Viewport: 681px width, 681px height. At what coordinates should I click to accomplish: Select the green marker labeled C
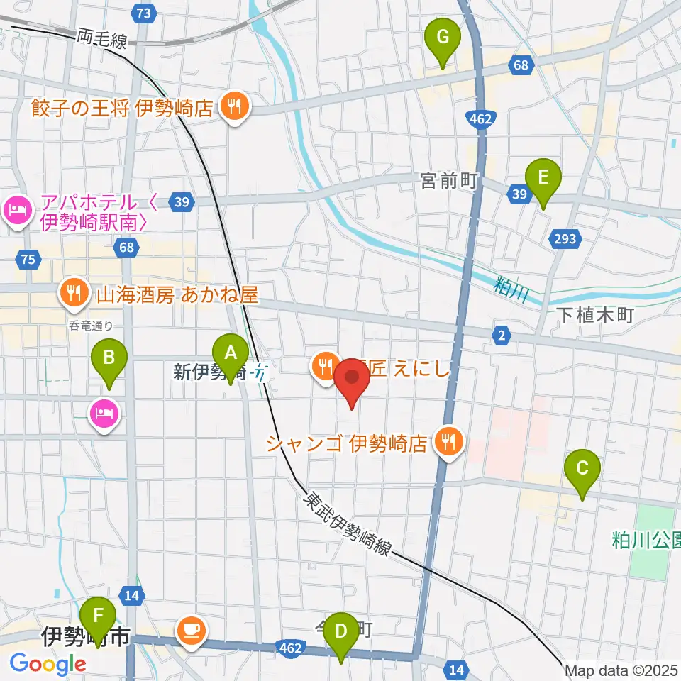click(582, 468)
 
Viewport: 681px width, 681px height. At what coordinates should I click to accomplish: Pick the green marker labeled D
click(341, 631)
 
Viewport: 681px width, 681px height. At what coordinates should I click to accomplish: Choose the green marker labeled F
click(97, 616)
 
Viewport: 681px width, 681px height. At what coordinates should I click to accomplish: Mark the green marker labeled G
click(443, 37)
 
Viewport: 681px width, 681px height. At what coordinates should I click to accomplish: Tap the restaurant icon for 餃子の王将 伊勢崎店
click(233, 107)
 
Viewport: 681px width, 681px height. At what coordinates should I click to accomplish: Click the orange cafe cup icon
click(191, 629)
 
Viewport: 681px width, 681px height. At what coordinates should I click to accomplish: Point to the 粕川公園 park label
click(646, 541)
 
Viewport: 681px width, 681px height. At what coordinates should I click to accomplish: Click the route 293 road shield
click(566, 239)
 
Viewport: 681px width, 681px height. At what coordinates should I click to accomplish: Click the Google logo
click(48, 663)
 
